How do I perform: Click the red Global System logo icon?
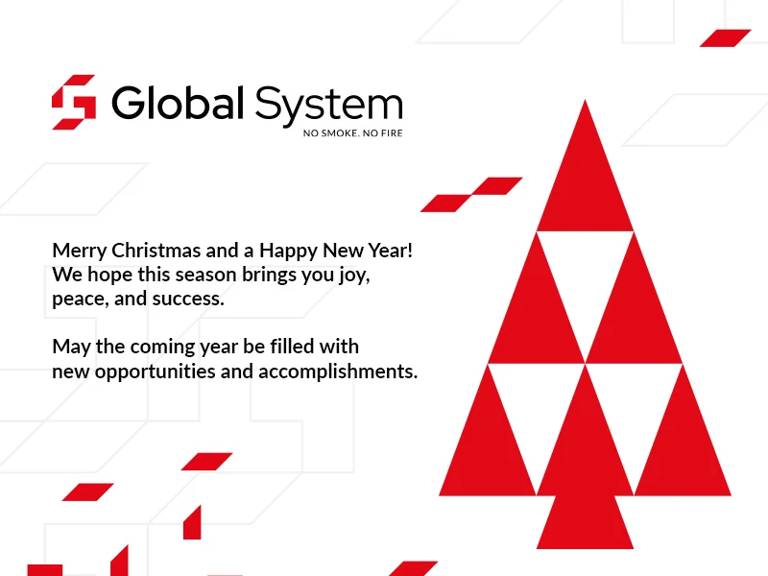74,102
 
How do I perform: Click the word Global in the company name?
178,103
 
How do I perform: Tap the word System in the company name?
328,106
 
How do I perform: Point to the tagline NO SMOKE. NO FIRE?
352,133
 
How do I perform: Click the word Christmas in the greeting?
156,251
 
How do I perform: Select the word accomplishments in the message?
338,372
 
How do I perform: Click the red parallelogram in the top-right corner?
726,38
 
